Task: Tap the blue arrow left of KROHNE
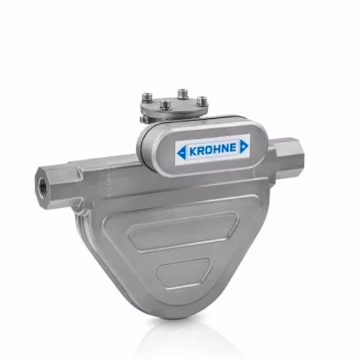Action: [x=182, y=152]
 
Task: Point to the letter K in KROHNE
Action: [x=193, y=151]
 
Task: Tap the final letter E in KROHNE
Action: [x=233, y=148]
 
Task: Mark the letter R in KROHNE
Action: [x=201, y=150]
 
